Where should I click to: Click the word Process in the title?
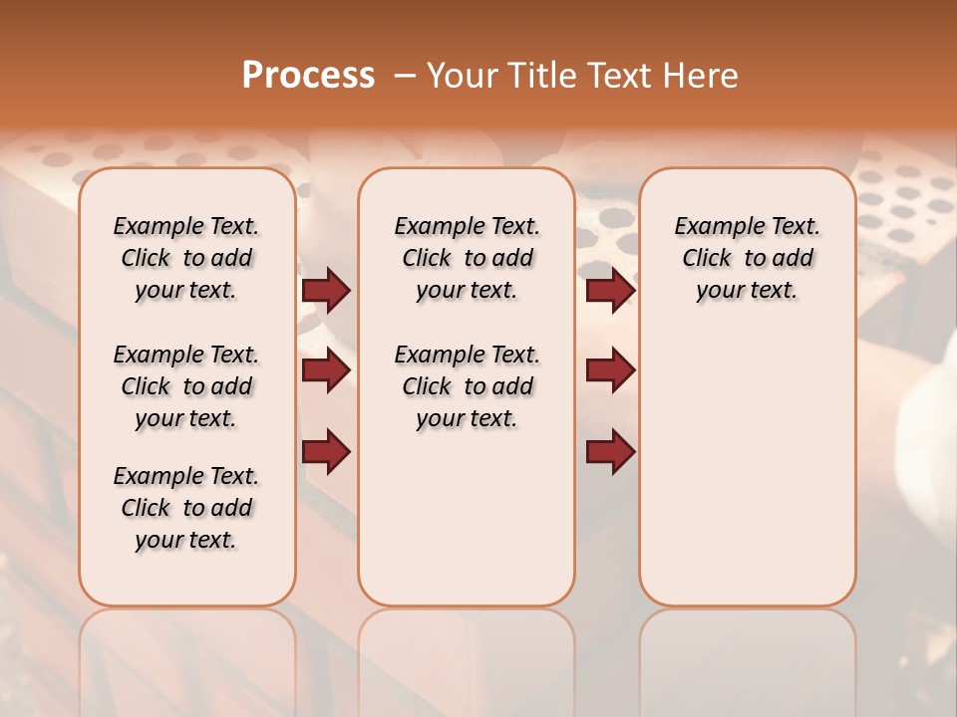308,76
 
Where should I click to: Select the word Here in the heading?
702,76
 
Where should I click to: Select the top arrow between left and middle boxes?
326,290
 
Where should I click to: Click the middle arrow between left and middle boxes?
326,370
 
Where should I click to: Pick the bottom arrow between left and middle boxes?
326,451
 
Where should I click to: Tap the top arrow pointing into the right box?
610,290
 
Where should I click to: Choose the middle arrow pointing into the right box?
610,370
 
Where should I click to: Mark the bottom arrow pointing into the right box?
610,451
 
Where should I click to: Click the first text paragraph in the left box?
186,258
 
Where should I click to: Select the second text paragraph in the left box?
186,386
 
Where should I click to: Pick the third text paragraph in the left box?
186,508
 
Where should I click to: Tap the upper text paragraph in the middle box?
467,258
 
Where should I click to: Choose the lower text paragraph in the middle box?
467,386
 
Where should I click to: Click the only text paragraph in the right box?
748,258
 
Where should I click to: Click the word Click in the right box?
707,259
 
